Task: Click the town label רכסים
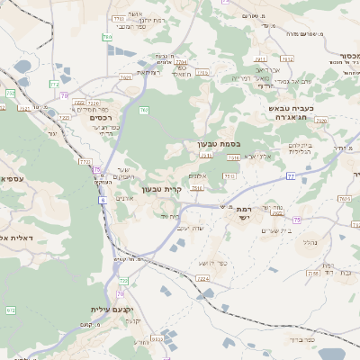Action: click(101, 117)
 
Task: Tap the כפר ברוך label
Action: click(303, 340)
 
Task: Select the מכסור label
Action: click(346, 55)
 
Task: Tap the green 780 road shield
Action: click(11, 310)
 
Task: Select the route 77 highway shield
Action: click(291, 176)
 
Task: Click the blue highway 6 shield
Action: click(103, 200)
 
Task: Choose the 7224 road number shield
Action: click(203, 279)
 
